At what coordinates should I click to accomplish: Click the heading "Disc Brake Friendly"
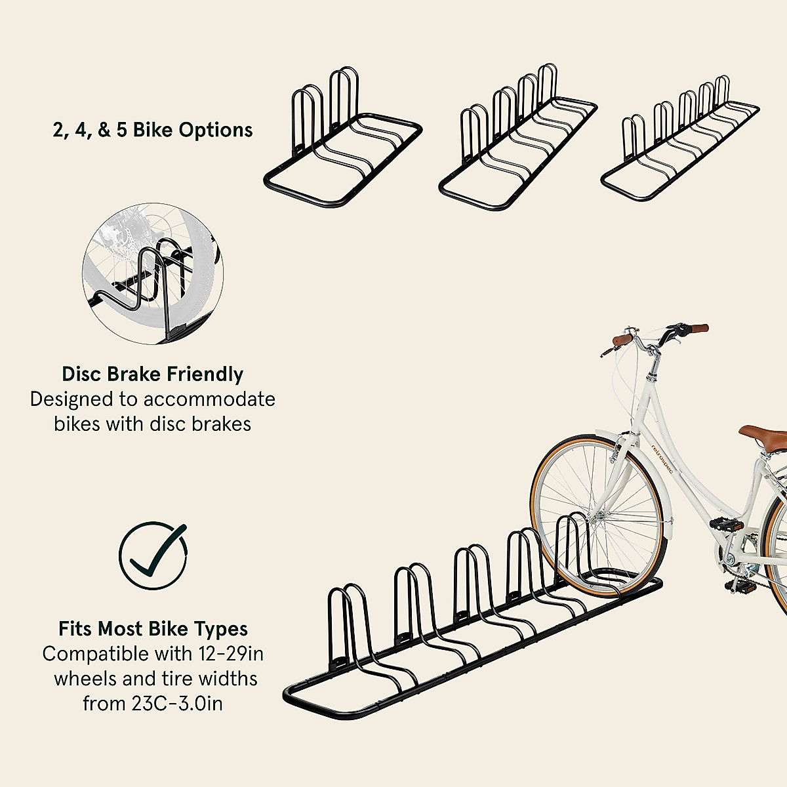click(152, 374)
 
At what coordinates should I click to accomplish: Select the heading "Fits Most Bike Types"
click(153, 629)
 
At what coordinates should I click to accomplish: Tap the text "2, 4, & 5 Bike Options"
click(152, 130)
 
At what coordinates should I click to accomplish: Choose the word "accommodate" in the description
click(209, 399)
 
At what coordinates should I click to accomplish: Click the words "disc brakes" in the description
click(196, 424)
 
